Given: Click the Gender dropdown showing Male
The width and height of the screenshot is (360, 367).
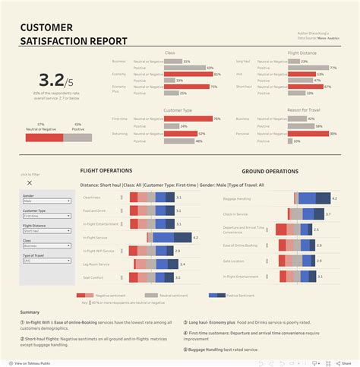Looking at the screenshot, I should click(x=37, y=201).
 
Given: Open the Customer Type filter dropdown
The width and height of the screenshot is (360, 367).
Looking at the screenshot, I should click(x=37, y=216).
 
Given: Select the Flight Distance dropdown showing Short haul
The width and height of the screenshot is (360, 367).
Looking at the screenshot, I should click(x=37, y=231).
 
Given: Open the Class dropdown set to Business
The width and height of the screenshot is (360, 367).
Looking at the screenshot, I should click(x=37, y=246).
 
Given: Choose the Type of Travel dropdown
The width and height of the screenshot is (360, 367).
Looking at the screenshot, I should click(x=37, y=261).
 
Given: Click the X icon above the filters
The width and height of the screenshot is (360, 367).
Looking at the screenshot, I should click(x=30, y=182).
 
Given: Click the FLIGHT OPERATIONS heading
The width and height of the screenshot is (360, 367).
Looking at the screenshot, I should click(x=106, y=170).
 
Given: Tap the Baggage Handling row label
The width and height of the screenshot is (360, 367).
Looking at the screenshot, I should click(x=241, y=198).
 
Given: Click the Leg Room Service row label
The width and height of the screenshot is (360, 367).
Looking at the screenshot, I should click(x=98, y=264).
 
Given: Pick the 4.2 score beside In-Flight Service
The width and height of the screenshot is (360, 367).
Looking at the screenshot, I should click(x=195, y=238).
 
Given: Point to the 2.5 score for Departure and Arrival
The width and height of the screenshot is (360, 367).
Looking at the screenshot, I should click(x=317, y=229).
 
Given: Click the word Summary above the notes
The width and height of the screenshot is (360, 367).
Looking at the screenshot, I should click(x=30, y=312).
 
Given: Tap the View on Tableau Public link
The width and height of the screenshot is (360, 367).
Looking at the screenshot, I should click(x=30, y=361).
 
